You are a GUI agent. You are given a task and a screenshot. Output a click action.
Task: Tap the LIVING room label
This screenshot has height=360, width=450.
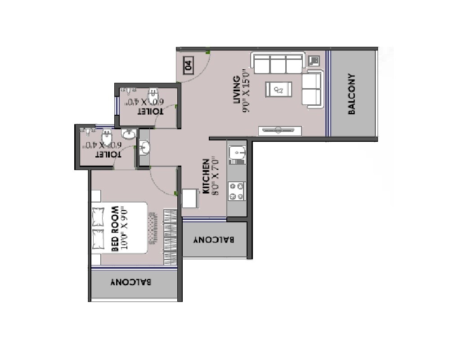236,90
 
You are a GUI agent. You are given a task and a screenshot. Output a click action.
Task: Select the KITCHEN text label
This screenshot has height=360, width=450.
206,176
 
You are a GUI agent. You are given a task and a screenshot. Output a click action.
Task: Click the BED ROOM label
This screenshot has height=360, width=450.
115,229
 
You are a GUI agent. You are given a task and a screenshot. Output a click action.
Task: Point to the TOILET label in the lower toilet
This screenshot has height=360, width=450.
108,154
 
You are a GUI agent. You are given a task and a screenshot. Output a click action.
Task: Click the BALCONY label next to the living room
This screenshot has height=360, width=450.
352,94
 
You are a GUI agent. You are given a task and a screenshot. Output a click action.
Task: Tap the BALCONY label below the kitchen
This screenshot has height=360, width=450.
214,240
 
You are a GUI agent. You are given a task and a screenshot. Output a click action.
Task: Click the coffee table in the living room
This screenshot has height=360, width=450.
279,89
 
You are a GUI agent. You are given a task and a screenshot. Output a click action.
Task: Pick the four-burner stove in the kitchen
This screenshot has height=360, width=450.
237,191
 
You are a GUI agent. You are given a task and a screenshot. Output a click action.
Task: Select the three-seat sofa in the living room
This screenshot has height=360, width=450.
278,63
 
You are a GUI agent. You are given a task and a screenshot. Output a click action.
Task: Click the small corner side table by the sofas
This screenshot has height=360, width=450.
314,60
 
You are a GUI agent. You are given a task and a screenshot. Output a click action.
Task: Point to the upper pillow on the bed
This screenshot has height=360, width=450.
99,216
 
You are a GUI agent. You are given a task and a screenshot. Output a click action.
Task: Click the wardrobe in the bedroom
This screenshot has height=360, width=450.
170,238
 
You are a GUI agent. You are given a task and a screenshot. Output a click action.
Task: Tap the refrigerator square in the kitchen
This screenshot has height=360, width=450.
190,198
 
